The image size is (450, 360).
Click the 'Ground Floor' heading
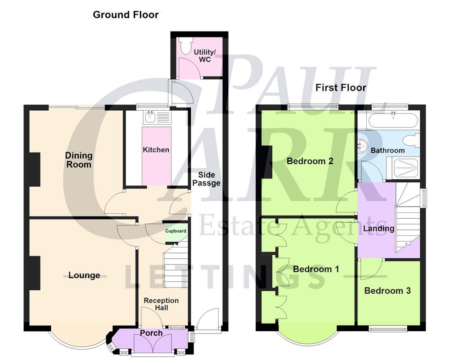click(126, 14)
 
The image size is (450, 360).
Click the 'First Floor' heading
click(341, 87)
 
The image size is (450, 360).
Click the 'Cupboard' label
click(175, 231)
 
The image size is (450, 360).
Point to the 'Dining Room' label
click(79, 160)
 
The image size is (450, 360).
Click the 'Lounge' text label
click(84, 275)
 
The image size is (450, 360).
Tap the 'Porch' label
click(151, 333)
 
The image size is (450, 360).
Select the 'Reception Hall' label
click(161, 304)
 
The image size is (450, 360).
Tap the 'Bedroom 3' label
click(387, 291)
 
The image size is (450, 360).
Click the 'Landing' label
click(378, 228)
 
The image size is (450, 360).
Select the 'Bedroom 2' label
click(310, 161)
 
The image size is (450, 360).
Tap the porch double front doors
click(151, 346)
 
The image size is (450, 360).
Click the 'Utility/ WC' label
click(205, 56)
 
